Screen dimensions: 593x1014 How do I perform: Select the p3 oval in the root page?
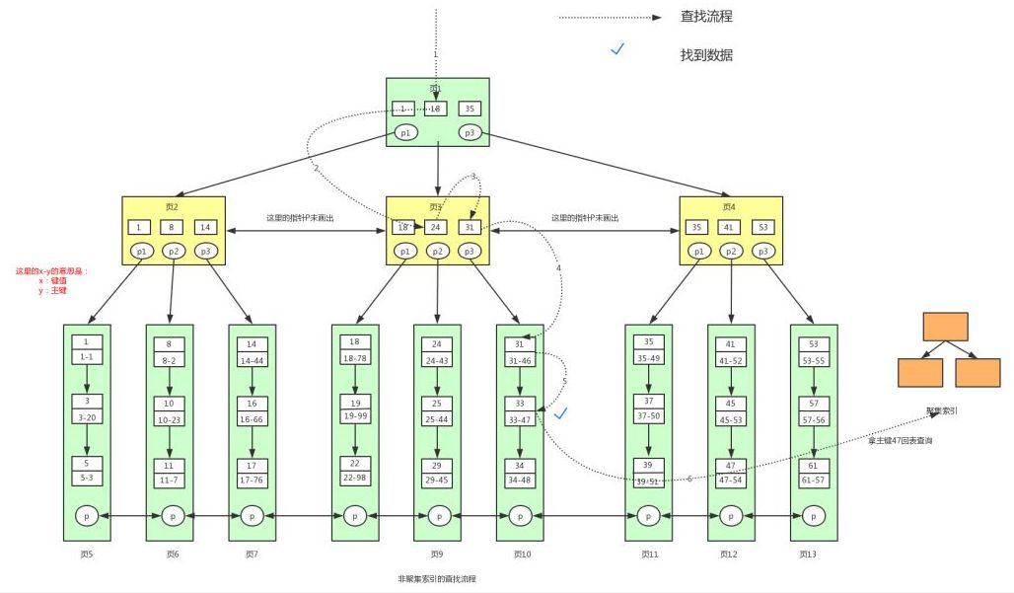[x=471, y=132]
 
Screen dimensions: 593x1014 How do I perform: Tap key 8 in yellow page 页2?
[x=173, y=227]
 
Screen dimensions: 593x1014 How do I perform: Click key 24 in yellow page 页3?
[x=437, y=227]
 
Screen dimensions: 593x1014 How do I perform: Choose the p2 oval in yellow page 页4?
[x=731, y=252]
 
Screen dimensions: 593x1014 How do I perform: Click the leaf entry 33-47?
[x=520, y=419]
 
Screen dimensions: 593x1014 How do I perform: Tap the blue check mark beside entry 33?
[x=560, y=413]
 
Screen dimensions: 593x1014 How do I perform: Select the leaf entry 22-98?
[x=354, y=479]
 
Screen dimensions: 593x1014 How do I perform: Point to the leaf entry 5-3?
[x=87, y=479]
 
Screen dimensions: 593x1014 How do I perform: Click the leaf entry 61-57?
[x=814, y=479]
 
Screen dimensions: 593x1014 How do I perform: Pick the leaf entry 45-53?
[x=731, y=419]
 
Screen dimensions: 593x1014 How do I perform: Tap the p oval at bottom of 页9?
[x=437, y=515]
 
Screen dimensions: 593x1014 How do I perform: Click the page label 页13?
[x=812, y=555]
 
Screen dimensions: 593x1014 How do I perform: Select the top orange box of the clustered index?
[x=945, y=327]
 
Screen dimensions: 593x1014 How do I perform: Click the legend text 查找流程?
[x=706, y=17]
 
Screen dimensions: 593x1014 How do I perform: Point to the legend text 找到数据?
[x=706, y=55]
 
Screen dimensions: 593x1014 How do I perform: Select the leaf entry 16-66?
[x=252, y=419]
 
